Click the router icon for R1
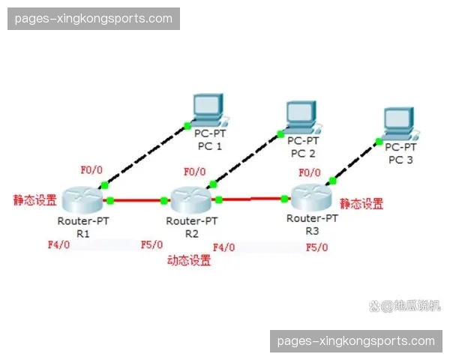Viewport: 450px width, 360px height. [x=82, y=199]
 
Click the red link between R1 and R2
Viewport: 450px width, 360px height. [x=136, y=200]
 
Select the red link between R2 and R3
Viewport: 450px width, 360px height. [x=252, y=199]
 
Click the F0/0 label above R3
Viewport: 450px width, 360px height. [x=310, y=172]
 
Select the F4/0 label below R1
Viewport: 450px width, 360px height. [x=58, y=244]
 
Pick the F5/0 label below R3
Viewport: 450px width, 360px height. [x=316, y=247]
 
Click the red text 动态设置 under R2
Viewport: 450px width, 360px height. [x=188, y=261]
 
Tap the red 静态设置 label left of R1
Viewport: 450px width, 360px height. [x=34, y=200]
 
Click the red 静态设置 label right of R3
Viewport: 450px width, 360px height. [x=361, y=203]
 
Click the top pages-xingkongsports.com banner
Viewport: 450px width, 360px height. [x=93, y=18]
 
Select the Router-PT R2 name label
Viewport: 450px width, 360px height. [x=191, y=227]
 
